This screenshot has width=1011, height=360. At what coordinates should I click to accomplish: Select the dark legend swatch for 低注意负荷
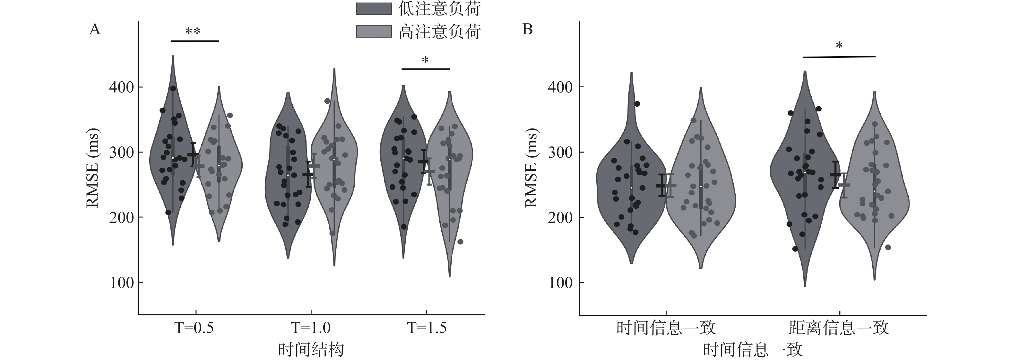click(374, 9)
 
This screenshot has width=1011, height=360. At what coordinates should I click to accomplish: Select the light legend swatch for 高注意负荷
click(374, 32)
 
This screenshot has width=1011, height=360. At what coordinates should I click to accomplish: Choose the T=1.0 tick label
click(310, 328)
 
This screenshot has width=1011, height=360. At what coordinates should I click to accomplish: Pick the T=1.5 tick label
click(427, 328)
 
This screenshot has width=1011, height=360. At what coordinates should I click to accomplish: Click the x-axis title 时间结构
click(311, 349)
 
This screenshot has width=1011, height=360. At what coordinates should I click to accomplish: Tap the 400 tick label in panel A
click(121, 87)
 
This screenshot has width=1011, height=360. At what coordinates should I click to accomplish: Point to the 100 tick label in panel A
click(121, 283)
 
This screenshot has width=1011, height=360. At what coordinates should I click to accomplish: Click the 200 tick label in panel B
click(560, 217)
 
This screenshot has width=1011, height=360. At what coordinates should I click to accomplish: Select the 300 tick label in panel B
click(560, 152)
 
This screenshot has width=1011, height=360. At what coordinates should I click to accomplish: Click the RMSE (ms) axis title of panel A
click(93, 168)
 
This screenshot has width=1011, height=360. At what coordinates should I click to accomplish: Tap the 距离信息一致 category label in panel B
click(839, 328)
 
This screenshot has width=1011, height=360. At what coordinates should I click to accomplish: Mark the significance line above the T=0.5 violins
click(195, 41)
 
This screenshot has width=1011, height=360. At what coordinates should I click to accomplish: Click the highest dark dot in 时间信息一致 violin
click(637, 104)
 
